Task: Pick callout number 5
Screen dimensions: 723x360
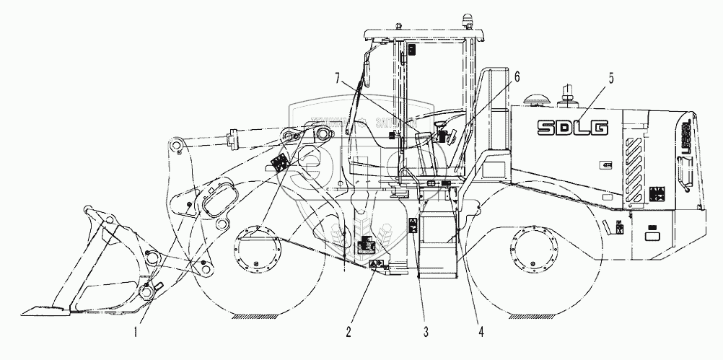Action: pos(610,79)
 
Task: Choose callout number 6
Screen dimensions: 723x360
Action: pos(517,75)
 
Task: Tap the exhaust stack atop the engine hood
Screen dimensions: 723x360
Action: pos(566,92)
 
